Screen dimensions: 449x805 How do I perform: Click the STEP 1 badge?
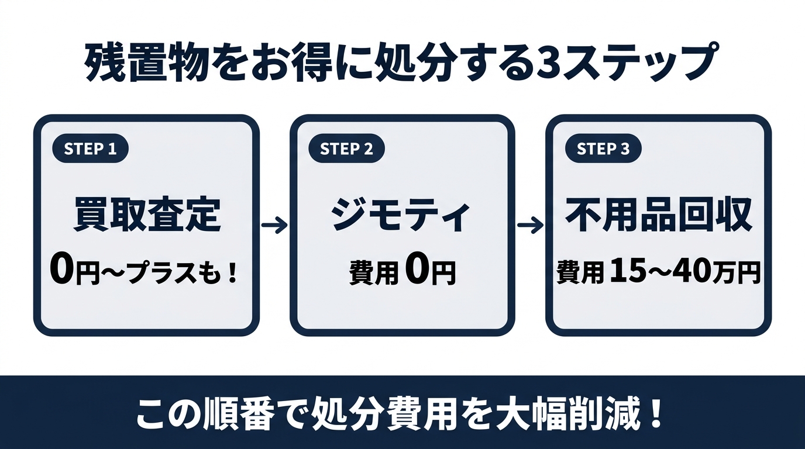pos(90,149)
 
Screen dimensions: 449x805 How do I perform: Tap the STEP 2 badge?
pos(346,149)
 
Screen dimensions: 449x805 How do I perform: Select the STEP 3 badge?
pos(603,149)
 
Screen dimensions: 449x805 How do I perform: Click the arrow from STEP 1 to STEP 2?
pos(274,225)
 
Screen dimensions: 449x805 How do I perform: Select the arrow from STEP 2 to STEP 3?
pos(530,225)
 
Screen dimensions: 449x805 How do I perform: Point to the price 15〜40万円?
pos(685,272)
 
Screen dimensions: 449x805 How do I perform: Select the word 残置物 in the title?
pos(146,61)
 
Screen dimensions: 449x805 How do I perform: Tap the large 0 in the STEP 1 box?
pos(62,272)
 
